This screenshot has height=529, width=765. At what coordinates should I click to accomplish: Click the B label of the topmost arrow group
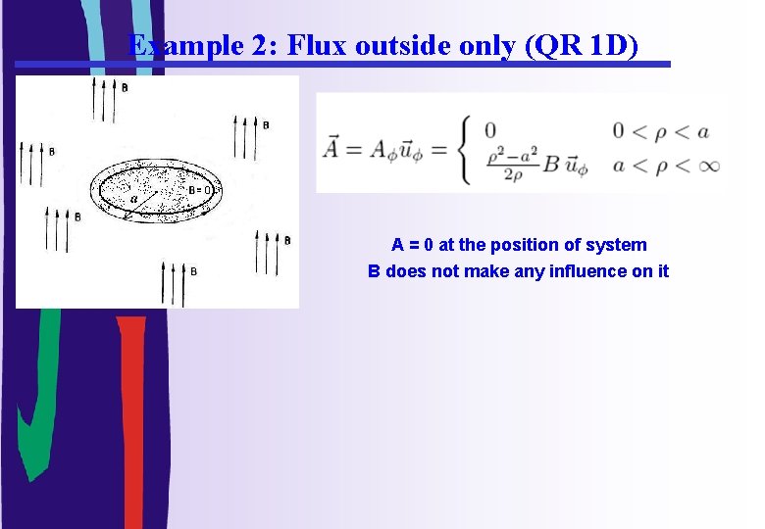[124, 88]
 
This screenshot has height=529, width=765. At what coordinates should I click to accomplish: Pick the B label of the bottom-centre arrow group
[193, 270]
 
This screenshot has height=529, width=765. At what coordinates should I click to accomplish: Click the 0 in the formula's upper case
[489, 129]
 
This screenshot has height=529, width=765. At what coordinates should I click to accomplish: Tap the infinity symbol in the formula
[708, 166]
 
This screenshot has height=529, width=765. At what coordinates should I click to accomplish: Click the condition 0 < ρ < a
[660, 131]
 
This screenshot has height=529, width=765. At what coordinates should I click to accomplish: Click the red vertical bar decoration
[130, 421]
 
